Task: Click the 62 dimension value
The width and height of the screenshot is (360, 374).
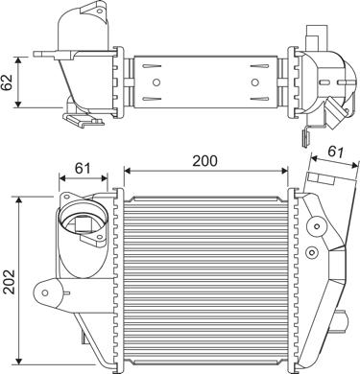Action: pyautogui.click(x=7, y=82)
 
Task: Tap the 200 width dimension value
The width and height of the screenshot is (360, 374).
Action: pyautogui.click(x=204, y=160)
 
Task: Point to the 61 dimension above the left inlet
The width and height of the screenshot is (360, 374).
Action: pyautogui.click(x=83, y=168)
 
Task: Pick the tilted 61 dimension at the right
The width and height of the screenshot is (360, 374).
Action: pyautogui.click(x=335, y=152)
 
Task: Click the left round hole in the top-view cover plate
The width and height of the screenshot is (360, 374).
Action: pyautogui.click(x=156, y=82)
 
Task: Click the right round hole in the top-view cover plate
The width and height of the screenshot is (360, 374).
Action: pyautogui.click(x=254, y=82)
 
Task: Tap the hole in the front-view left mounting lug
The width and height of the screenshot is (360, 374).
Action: pyautogui.click(x=45, y=292)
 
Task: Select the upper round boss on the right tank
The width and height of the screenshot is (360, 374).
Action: pyautogui.click(x=316, y=226)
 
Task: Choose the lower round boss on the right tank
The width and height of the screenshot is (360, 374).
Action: pyautogui.click(x=312, y=253)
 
